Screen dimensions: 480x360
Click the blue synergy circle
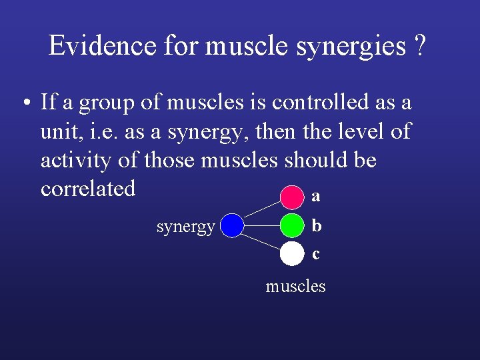click(231, 225)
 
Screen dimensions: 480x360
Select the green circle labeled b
click(291, 225)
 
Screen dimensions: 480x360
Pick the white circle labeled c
click(291, 253)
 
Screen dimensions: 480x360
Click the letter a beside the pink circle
click(316, 197)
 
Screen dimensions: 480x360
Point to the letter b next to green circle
click(316, 225)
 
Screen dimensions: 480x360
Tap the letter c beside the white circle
click(316, 254)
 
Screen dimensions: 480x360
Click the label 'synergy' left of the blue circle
click(185, 227)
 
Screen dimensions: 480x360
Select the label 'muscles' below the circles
click(295, 287)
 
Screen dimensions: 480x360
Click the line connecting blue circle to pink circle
click(261, 211)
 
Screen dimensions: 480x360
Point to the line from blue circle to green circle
click(261, 225)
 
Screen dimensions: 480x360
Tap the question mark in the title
click(419, 46)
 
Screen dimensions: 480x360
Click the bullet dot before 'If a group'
click(24, 104)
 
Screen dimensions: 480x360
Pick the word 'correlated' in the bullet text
click(88, 189)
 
